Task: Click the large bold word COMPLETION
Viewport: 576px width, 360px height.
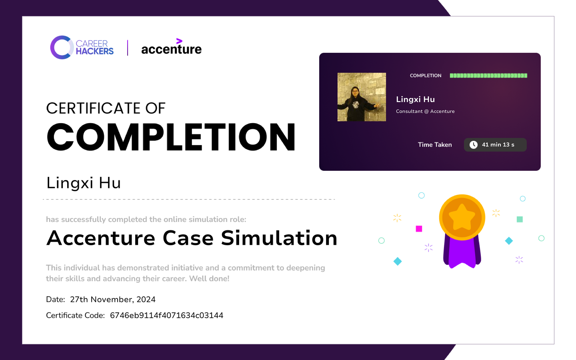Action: [171, 137]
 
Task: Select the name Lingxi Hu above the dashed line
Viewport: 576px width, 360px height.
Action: [83, 183]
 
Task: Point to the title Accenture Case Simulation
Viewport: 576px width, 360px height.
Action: [192, 238]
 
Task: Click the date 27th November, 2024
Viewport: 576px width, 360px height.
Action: [113, 300]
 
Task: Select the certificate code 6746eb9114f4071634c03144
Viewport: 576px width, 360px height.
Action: [167, 316]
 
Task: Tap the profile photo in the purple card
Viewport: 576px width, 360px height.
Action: [362, 97]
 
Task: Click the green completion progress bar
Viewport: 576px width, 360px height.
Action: [488, 76]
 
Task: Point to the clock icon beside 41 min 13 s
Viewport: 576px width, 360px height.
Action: [474, 145]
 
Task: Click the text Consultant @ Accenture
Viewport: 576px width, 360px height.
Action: [425, 111]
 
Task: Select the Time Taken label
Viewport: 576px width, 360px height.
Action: [434, 145]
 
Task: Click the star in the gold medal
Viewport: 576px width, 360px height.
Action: [462, 217]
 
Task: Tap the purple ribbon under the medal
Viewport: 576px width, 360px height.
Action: [462, 253]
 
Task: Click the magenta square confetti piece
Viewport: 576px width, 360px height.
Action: [419, 229]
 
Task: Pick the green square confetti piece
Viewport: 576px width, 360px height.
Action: [520, 219]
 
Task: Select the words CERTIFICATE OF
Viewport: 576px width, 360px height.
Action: [106, 108]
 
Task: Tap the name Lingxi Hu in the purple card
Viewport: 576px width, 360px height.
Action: [415, 99]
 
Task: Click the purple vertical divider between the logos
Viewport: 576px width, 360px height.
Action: [128, 48]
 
